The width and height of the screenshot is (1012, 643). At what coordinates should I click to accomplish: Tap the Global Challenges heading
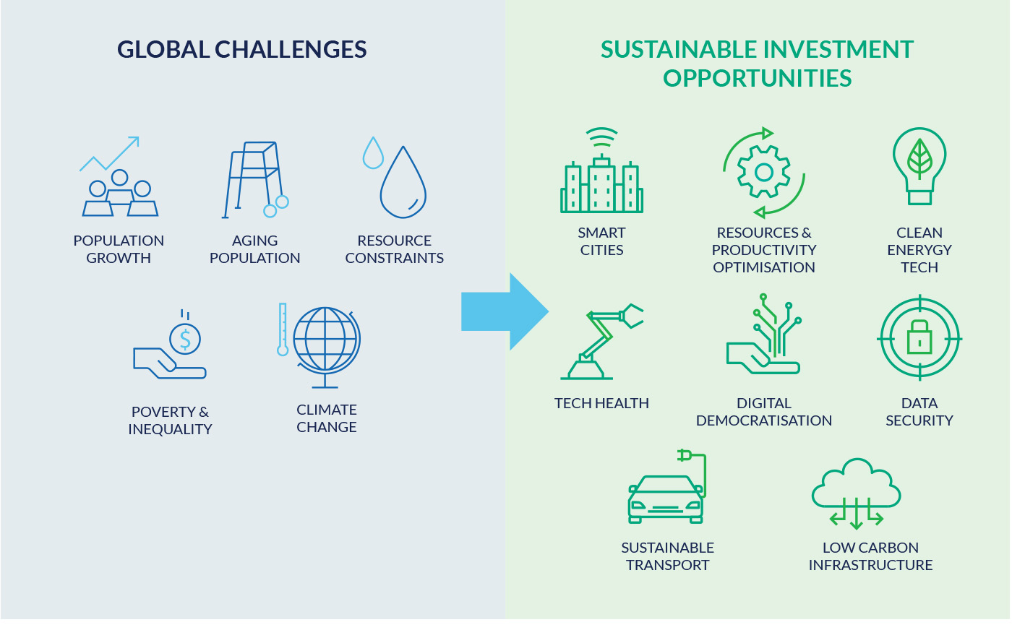coord(241,49)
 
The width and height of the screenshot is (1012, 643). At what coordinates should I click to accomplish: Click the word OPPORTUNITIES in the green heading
coord(758,78)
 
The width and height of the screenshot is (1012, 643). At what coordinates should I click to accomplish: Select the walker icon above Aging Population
coord(256,180)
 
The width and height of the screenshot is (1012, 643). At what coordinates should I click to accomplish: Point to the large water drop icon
coord(403,182)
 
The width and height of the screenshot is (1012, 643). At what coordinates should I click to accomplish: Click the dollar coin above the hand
coord(185,339)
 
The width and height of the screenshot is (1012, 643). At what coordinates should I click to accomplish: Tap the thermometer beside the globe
coord(283,329)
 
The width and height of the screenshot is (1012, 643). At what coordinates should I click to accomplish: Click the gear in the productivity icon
coord(764,172)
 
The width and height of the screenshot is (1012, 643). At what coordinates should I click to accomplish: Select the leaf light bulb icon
coord(919,165)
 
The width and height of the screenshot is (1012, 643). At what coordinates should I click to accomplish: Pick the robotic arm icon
coord(601,341)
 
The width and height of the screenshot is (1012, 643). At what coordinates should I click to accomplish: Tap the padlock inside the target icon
coord(919,337)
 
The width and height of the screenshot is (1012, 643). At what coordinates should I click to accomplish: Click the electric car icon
coord(666,487)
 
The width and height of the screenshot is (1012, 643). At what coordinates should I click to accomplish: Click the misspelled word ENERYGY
coord(919,250)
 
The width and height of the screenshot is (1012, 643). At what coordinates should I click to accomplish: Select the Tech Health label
coord(601,403)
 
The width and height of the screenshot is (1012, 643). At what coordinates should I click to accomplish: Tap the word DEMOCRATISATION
coord(764,420)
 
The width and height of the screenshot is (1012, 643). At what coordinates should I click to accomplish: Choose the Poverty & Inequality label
coord(170,420)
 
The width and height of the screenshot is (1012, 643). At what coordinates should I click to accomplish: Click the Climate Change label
coord(327,418)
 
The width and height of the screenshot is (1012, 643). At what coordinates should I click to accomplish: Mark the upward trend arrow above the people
coord(110,153)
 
